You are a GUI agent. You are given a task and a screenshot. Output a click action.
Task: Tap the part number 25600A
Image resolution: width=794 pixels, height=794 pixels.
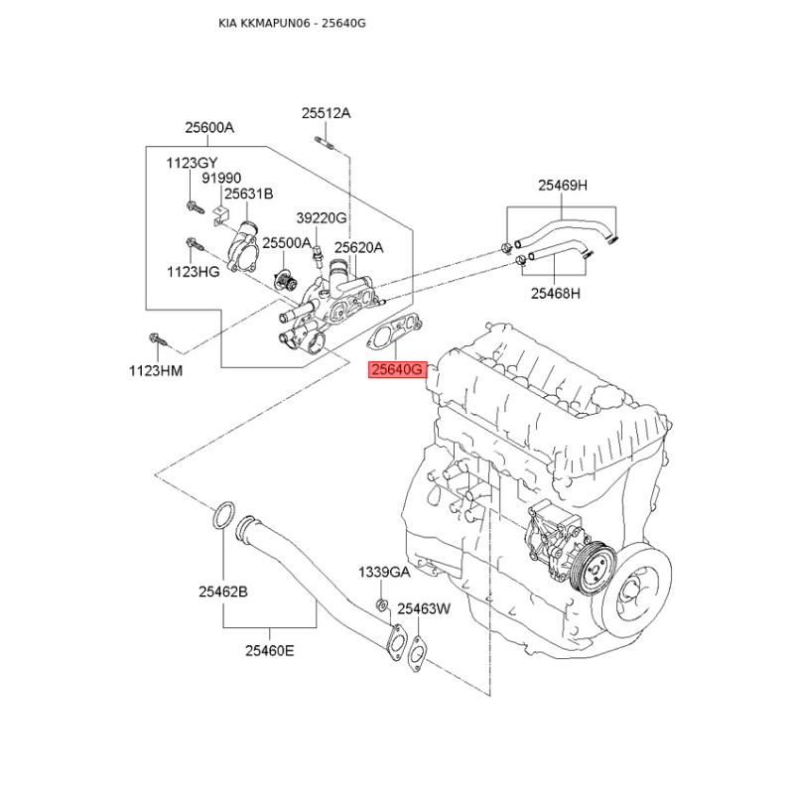(208, 128)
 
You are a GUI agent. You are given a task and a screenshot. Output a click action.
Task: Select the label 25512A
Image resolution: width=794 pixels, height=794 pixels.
(326, 114)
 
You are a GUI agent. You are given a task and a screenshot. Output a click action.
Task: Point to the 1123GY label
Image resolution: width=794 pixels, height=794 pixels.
(192, 163)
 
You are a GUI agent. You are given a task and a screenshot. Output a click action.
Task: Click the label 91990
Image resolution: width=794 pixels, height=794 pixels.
(221, 179)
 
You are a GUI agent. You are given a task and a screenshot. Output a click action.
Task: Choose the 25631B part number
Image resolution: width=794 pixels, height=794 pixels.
(248, 195)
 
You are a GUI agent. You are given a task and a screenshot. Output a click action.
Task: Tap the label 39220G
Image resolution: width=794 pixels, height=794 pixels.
(321, 218)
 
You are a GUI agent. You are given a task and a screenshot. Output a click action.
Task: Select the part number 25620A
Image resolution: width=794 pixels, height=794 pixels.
(358, 248)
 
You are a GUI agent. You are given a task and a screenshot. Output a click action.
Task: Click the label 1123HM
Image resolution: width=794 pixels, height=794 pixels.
(156, 371)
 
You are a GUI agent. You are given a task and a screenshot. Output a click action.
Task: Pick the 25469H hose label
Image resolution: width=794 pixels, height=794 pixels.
(563, 186)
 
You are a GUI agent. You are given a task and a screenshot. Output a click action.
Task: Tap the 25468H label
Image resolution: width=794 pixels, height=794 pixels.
(555, 293)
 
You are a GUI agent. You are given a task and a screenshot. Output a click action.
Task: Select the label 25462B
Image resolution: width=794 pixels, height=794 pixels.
(222, 592)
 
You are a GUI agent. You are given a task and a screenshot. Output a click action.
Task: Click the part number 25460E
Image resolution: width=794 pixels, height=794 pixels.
(270, 651)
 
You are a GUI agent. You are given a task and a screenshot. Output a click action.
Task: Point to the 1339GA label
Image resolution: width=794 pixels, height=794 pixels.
(384, 573)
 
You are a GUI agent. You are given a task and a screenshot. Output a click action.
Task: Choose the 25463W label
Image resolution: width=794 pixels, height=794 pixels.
(424, 608)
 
